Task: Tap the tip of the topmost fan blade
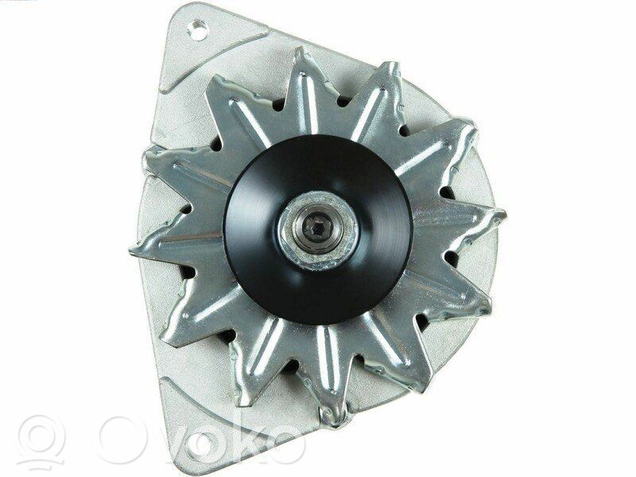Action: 301,49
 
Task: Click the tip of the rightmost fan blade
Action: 503,214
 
